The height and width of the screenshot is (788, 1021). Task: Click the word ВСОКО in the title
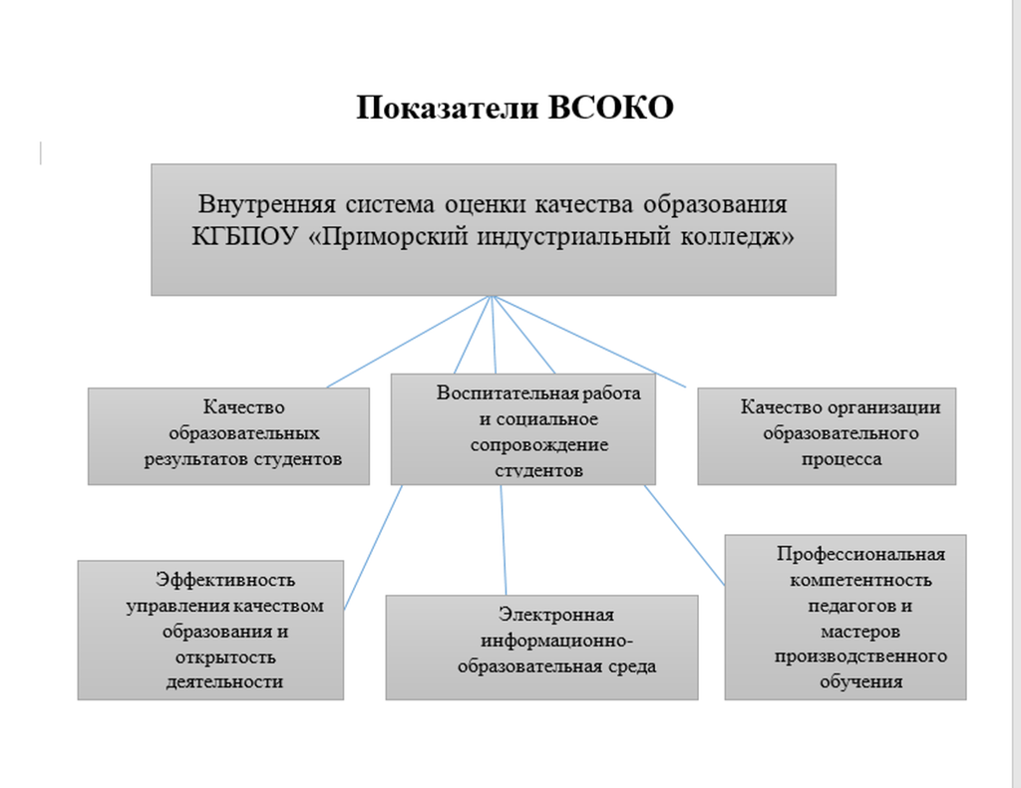click(610, 108)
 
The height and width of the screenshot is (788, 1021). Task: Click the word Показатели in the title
click(447, 108)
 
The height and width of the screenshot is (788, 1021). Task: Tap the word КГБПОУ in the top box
click(244, 236)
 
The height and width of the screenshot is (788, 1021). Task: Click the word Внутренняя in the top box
click(267, 204)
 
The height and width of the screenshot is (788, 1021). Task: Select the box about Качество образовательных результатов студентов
click(228, 436)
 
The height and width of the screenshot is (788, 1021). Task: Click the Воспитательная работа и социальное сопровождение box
click(522, 428)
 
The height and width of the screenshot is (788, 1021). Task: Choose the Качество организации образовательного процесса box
click(827, 436)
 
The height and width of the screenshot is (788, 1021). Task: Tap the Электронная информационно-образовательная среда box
click(541, 648)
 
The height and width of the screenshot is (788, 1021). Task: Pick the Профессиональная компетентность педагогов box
click(846, 618)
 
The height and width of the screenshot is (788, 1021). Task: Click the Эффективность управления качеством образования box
click(210, 630)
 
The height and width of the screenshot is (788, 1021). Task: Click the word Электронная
click(556, 615)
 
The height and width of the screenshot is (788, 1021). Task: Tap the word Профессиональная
click(860, 555)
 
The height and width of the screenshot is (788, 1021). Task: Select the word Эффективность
click(224, 580)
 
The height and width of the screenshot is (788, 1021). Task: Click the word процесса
click(842, 459)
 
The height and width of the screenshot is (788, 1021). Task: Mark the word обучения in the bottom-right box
click(860, 682)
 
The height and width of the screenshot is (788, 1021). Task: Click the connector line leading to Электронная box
click(504, 540)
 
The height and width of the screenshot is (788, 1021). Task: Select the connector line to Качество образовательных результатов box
click(408, 342)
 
